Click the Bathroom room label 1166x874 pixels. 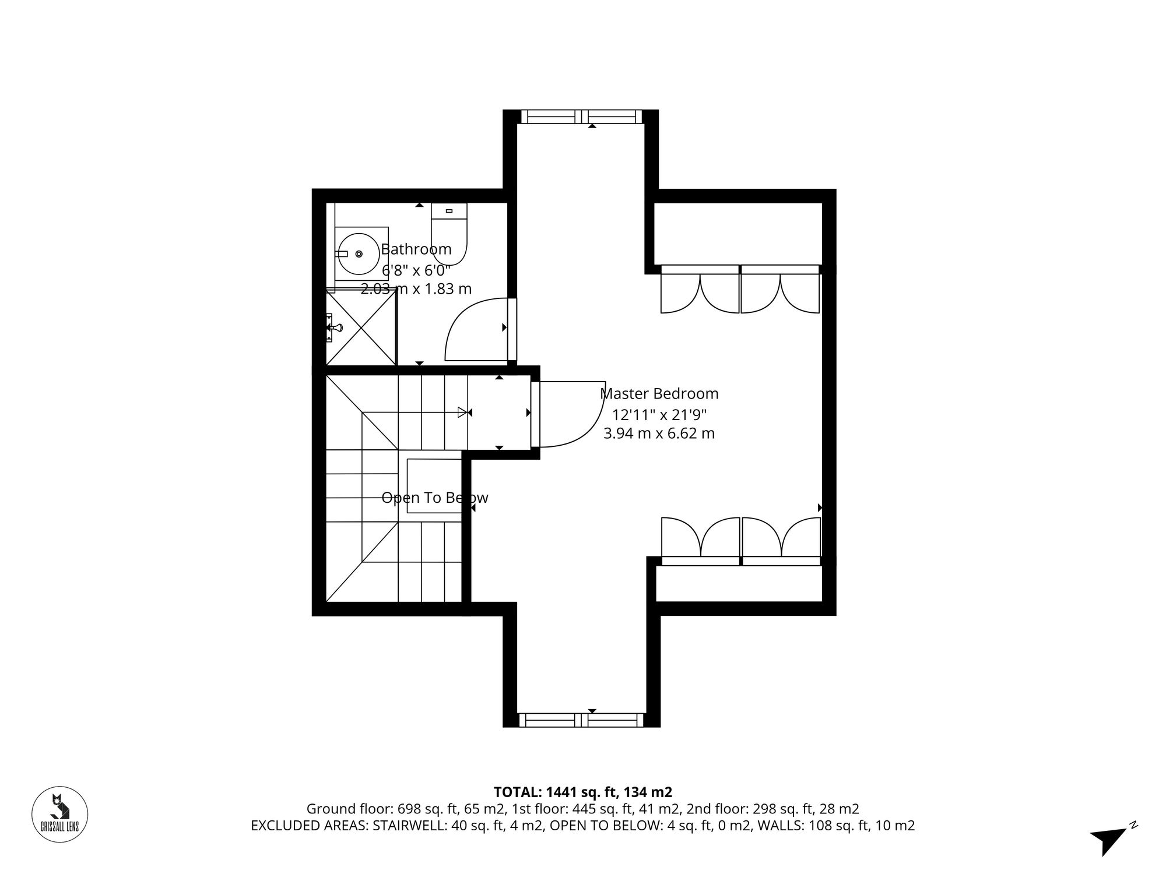point(416,249)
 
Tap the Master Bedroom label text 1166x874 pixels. point(659,394)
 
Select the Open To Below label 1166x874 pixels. point(434,498)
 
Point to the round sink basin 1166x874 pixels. point(358,253)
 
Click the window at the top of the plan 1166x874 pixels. point(581,117)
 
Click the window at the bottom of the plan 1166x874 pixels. point(581,720)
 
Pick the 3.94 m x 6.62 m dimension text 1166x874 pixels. point(659,434)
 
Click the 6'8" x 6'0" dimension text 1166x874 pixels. point(416,270)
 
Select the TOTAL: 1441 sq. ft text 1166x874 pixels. point(582,792)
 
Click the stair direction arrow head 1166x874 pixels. point(463,413)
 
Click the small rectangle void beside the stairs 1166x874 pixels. point(434,485)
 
